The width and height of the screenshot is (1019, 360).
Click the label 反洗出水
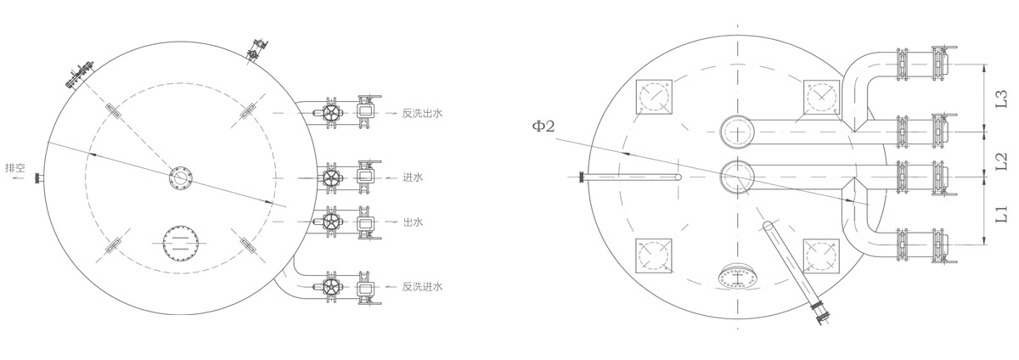pyautogui.click(x=422, y=113)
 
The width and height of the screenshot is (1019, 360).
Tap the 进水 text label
pyautogui.click(x=413, y=177)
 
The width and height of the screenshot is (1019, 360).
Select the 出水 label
pyautogui.click(x=413, y=222)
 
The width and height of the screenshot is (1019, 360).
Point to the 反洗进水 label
pyautogui.click(x=422, y=287)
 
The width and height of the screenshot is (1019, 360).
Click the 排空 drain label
pyautogui.click(x=15, y=168)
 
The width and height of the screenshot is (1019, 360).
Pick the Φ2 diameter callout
pyautogui.click(x=544, y=126)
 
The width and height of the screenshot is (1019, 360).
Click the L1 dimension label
pyautogui.click(x=1001, y=213)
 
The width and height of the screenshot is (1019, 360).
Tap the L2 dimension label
pyautogui.click(x=1001, y=161)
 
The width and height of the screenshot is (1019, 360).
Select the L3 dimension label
pyautogui.click(x=1001, y=98)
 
